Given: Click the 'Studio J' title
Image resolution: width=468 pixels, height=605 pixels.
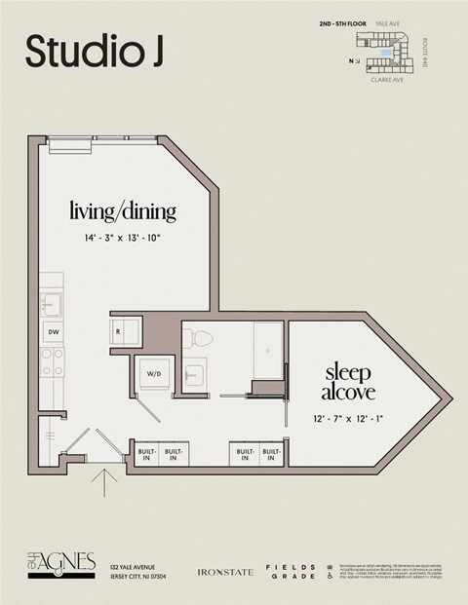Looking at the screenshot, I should click(x=94, y=52).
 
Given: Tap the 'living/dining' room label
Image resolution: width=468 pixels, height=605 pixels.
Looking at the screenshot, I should click(x=123, y=210).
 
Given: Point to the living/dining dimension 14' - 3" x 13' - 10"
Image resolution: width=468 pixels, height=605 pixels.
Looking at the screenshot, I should click(x=123, y=237).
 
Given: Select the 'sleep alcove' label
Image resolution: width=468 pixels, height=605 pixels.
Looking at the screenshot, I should click(x=349, y=382).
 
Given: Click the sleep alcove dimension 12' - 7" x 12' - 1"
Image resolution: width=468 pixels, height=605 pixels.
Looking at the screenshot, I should click(x=349, y=418).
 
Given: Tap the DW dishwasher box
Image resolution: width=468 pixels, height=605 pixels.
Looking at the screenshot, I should click(x=52, y=331).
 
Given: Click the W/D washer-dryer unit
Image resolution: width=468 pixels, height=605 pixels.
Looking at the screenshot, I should click(x=154, y=373).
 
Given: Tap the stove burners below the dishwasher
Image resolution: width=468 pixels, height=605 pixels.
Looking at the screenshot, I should click(x=52, y=362).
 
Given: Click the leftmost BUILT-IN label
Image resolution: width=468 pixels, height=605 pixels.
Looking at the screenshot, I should click(x=147, y=454).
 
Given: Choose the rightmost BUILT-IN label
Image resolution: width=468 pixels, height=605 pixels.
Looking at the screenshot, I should click(x=271, y=454).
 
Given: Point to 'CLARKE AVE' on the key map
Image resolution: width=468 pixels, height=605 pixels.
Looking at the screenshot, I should click(x=388, y=82).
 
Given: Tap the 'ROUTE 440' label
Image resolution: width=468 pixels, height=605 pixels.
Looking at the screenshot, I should click(x=426, y=52).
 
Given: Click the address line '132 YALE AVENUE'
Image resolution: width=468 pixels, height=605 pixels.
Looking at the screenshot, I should click(x=134, y=566).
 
